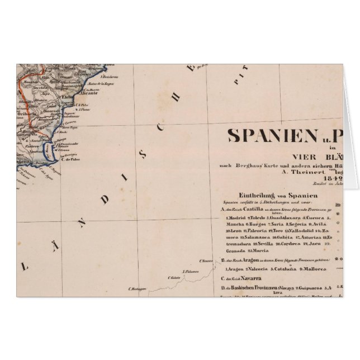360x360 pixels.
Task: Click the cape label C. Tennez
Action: pyautogui.click(x=206, y=260)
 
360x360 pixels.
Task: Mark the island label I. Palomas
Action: pyautogui.click(x=192, y=270)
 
